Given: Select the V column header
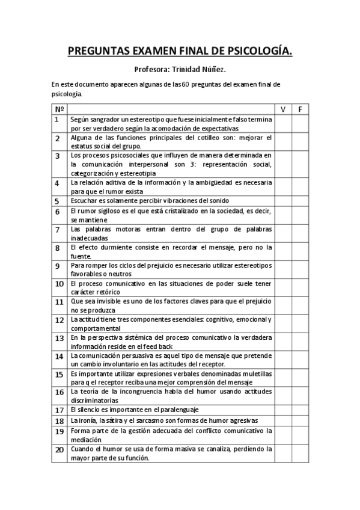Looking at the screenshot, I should click(283, 109).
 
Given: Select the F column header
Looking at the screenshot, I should click(301, 109).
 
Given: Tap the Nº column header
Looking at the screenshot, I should click(59, 109).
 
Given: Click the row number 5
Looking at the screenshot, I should click(57, 201).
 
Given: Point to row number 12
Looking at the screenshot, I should click(59, 321).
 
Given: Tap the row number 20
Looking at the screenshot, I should click(59, 449).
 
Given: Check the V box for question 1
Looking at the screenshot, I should click(283, 123).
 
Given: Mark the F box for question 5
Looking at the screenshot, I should click(301, 201).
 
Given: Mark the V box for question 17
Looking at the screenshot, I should click(283, 410).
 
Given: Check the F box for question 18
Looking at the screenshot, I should click(301, 420).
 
